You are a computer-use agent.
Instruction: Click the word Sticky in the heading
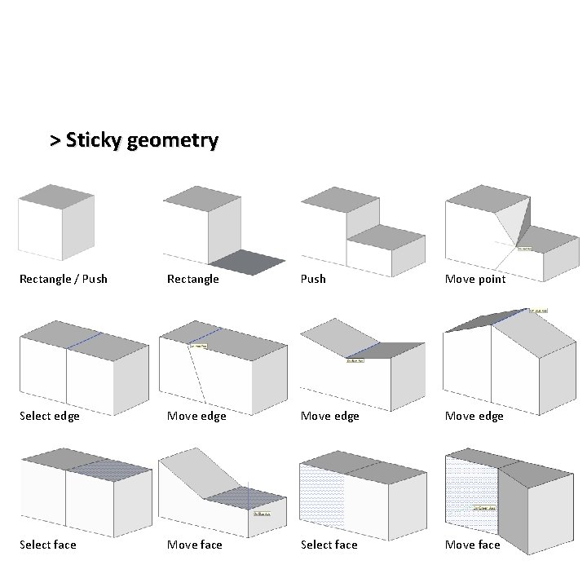click(x=91, y=140)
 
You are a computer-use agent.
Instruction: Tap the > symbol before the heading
click(x=55, y=141)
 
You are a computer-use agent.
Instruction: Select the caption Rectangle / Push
click(x=64, y=279)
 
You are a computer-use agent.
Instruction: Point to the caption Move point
click(x=475, y=279)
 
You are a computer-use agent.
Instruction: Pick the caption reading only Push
click(x=313, y=279)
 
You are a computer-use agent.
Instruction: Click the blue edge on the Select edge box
click(x=84, y=341)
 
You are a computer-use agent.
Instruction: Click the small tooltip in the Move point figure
click(x=524, y=249)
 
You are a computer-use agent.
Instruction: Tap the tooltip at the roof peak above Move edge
click(x=539, y=311)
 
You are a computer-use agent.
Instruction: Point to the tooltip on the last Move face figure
click(x=484, y=510)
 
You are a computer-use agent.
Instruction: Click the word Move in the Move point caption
click(x=460, y=279)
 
